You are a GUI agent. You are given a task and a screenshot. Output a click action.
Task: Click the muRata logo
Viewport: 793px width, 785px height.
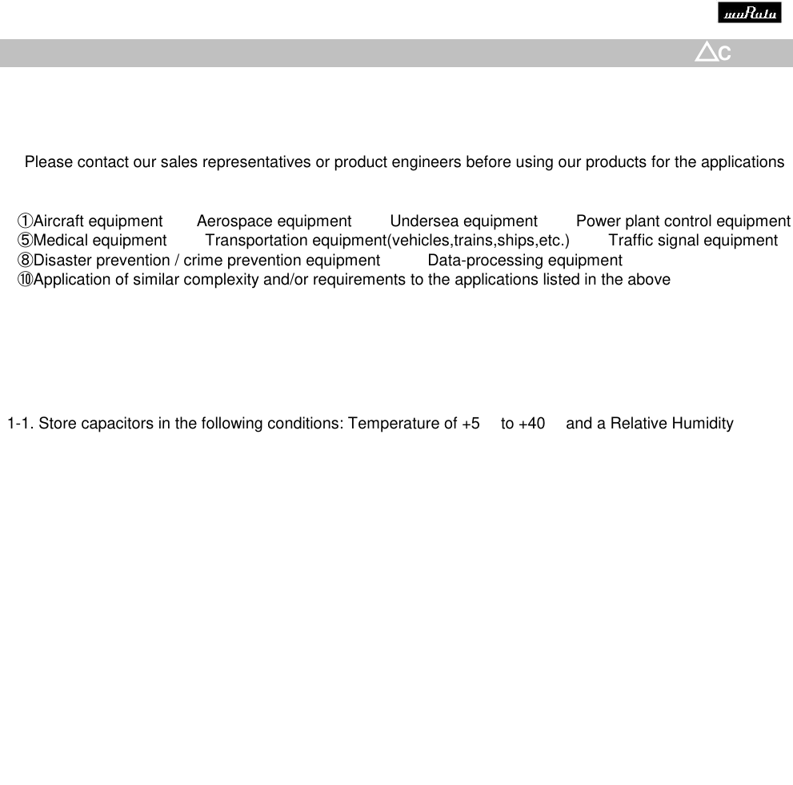[749, 14]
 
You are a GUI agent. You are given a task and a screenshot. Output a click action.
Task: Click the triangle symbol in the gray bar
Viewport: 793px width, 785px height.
[706, 53]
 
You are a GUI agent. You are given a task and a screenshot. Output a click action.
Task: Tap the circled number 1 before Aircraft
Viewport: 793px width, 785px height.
[26, 221]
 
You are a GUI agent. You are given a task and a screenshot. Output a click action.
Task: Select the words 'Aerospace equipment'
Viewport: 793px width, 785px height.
[274, 221]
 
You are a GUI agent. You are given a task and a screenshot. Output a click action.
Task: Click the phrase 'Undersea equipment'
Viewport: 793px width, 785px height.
[463, 221]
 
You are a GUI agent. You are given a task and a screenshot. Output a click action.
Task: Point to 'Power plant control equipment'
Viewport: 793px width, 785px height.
[683, 221]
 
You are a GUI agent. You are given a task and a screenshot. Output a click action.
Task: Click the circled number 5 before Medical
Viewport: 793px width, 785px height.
[26, 241]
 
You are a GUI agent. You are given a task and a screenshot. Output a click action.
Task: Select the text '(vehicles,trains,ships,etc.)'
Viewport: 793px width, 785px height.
[478, 241]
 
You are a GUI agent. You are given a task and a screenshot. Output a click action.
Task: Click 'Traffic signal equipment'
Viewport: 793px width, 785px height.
[693, 241]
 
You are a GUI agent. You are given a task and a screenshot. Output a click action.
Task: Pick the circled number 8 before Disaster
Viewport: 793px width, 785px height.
[26, 261]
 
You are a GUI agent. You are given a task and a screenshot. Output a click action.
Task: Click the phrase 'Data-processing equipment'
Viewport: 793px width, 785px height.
[525, 261]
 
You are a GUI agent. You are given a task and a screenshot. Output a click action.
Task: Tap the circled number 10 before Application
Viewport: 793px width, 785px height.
[26, 280]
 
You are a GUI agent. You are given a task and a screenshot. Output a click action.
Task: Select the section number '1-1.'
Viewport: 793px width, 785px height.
[20, 424]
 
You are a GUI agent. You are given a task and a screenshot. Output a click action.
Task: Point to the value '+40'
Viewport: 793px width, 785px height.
[531, 424]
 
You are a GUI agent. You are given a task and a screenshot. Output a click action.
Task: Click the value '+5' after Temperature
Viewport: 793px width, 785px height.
[471, 424]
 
